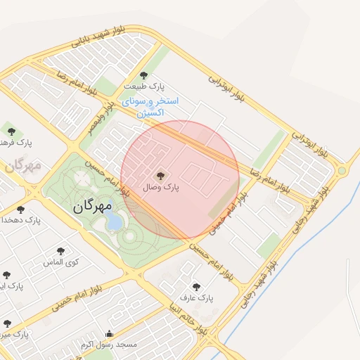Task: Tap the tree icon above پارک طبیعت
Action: [144, 75]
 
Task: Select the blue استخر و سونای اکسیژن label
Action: [150, 107]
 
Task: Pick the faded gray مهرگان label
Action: [22, 166]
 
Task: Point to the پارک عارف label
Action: [197, 298]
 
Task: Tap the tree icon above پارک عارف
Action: [197, 286]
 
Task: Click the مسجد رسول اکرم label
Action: [108, 345]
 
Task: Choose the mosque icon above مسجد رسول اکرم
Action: [109, 334]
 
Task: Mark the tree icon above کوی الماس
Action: [60, 250]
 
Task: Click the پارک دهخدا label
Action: [22, 220]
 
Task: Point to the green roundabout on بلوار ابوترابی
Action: [342, 170]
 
